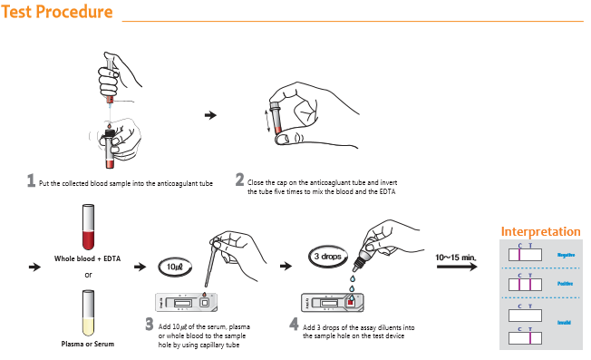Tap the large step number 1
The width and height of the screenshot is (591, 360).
[31, 180]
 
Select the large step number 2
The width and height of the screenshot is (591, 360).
[239, 180]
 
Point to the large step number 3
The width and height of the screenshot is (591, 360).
[150, 324]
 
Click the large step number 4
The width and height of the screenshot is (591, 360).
[294, 324]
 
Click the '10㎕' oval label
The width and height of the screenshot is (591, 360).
[174, 267]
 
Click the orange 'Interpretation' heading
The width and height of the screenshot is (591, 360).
[540, 232]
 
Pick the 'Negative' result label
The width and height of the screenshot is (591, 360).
[567, 255]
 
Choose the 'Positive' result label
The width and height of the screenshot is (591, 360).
[567, 284]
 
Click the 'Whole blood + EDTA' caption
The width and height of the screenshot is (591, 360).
[88, 258]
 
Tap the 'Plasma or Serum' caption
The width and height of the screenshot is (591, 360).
[88, 344]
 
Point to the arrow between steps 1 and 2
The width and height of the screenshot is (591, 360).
[210, 115]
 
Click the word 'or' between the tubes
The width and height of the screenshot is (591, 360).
[88, 275]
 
